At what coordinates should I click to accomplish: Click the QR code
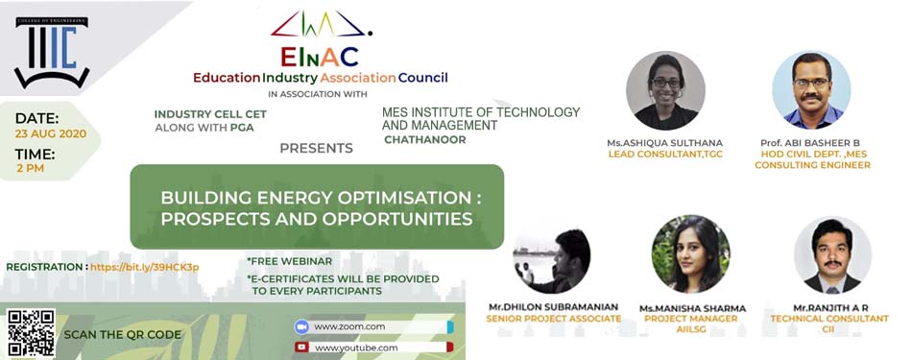(x=32, y=333)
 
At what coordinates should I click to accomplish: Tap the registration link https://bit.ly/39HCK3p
(x=144, y=267)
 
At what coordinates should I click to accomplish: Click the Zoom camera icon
(x=300, y=326)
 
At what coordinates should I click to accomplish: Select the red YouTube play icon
(x=301, y=348)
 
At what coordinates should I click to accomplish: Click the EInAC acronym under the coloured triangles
(x=320, y=57)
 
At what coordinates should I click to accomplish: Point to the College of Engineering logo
(x=52, y=52)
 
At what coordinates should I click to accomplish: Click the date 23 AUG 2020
(x=51, y=133)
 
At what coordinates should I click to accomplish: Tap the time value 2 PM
(x=31, y=169)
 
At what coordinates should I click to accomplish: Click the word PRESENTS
(x=316, y=148)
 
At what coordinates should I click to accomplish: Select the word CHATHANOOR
(x=424, y=139)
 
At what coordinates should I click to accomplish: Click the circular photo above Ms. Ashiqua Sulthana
(x=665, y=90)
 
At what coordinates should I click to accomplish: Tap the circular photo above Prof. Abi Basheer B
(x=811, y=89)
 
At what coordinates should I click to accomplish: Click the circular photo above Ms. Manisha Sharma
(x=691, y=253)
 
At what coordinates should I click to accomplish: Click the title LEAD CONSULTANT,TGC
(x=665, y=155)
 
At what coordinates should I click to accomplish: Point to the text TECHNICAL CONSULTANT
(x=829, y=319)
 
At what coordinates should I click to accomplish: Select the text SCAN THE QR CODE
(x=122, y=334)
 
